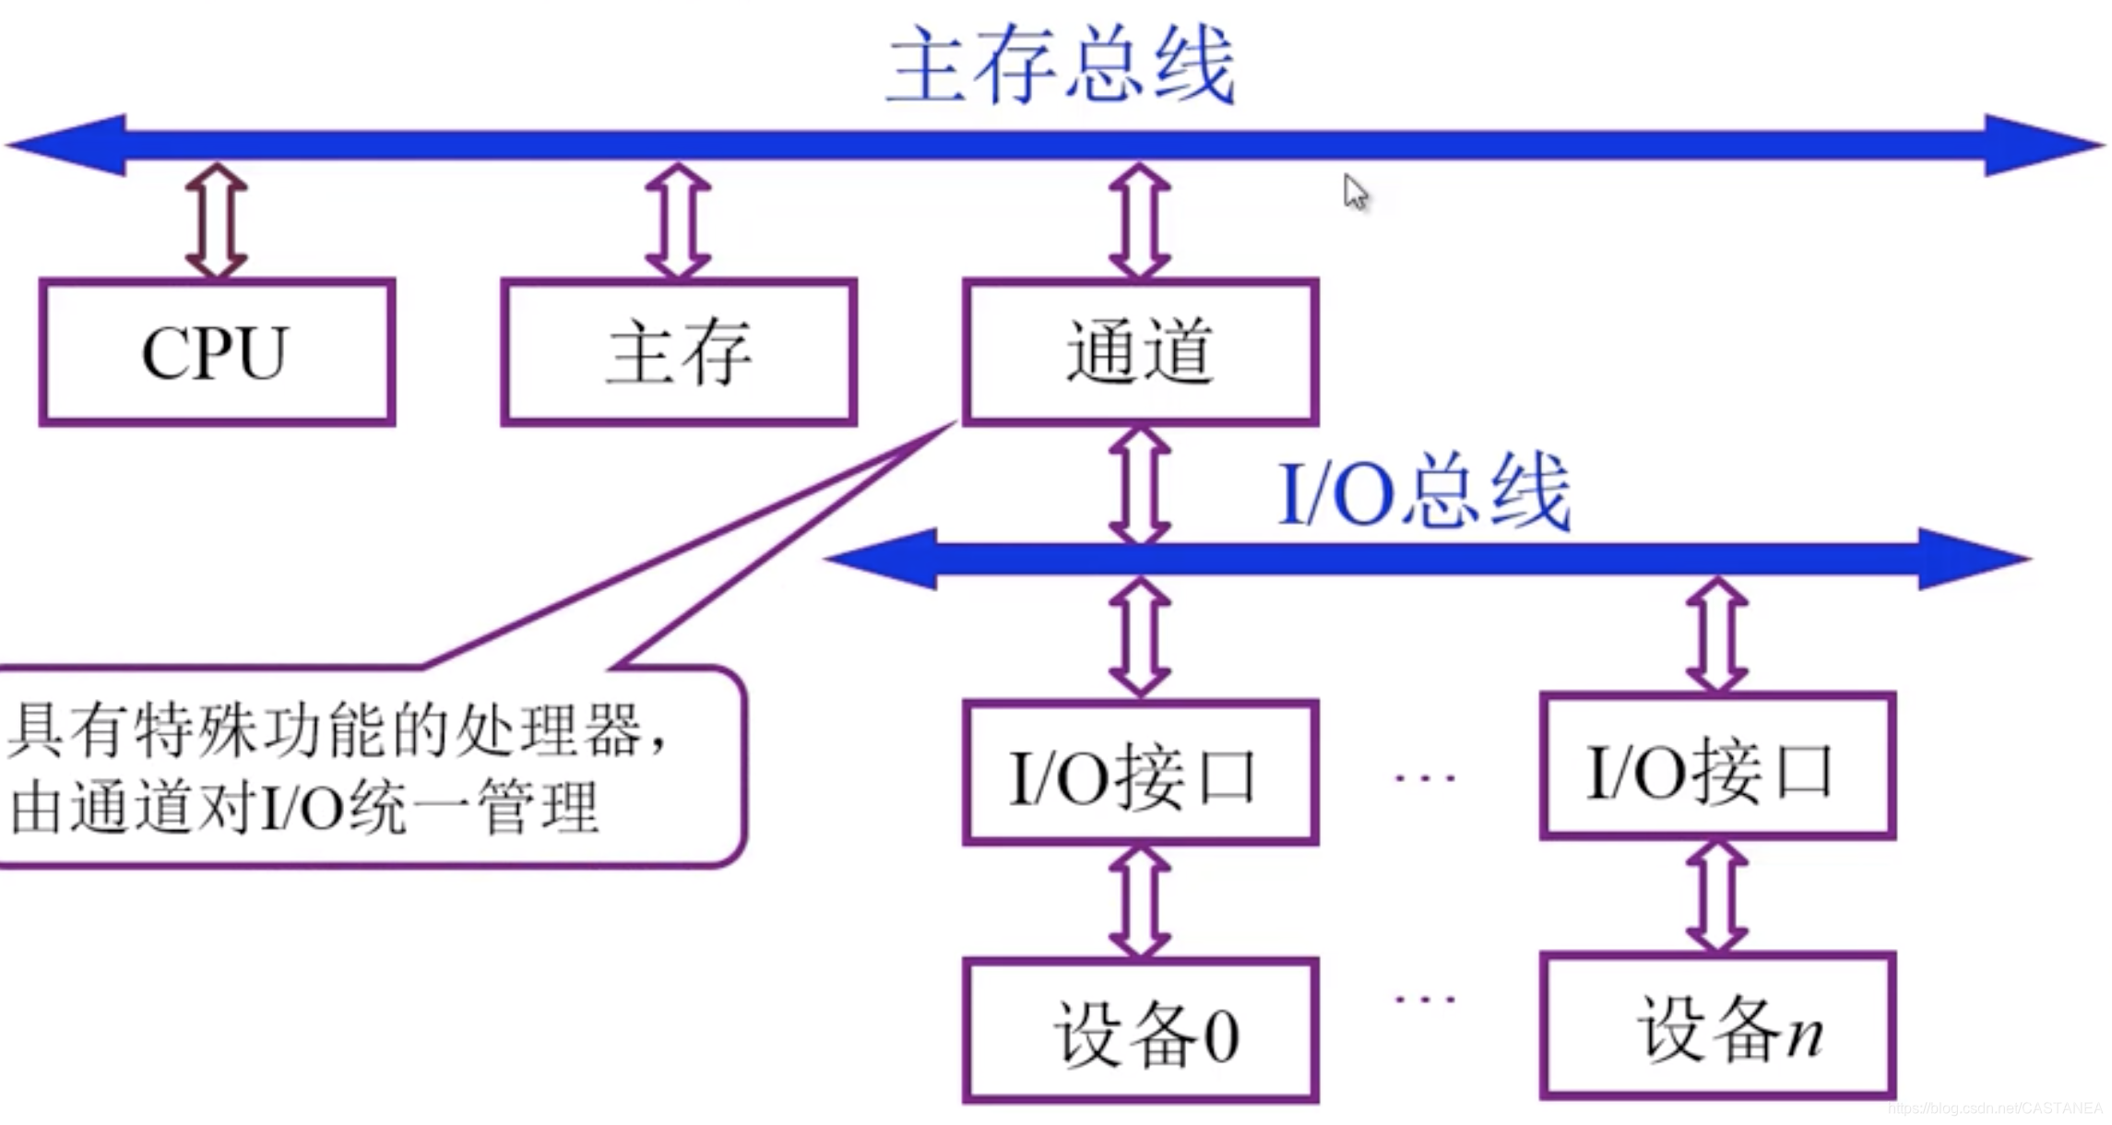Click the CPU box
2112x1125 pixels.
point(217,352)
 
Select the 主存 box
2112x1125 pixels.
point(679,352)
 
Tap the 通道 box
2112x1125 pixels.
point(1140,352)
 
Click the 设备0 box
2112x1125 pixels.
point(1140,1031)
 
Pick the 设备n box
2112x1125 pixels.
point(1717,1025)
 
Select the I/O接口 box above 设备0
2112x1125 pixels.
point(1140,773)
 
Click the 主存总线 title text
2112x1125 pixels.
point(1061,65)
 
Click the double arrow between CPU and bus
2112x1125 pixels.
point(217,221)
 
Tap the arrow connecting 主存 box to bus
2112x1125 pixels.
point(679,221)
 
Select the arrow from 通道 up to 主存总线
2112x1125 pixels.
point(1140,221)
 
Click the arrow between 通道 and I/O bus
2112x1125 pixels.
point(1140,484)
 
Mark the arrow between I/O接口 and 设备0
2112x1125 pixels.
point(1140,902)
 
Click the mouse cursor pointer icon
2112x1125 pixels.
point(1355,192)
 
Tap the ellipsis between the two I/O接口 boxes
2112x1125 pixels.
point(1425,778)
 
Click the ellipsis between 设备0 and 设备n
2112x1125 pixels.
point(1425,999)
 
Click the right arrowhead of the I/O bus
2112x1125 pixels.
point(1974,559)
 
